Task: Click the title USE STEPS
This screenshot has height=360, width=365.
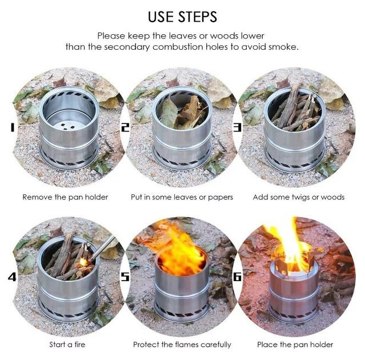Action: [183, 17]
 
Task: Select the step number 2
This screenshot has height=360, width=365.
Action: [125, 127]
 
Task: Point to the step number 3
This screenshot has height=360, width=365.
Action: [238, 127]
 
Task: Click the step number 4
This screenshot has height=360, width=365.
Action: [12, 277]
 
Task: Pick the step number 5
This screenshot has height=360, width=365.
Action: [125, 277]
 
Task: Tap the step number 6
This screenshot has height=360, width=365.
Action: [238, 277]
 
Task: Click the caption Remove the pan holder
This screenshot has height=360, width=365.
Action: [65, 197]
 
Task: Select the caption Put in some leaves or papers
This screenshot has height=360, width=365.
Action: [182, 197]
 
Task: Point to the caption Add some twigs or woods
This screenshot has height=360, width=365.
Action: [299, 197]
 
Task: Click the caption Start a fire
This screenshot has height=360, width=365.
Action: [67, 345]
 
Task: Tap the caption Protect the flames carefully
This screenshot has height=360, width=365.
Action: [182, 345]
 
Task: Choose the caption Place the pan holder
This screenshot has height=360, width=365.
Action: [295, 345]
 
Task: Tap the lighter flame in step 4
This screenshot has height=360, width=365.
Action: [83, 262]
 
